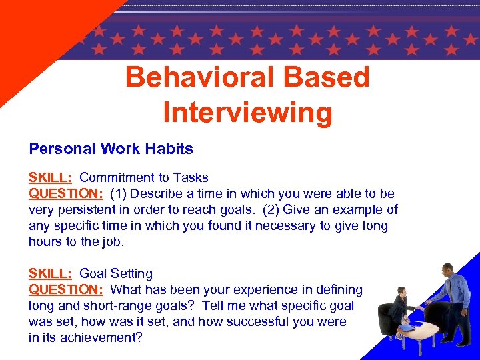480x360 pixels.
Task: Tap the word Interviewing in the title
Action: click(x=247, y=112)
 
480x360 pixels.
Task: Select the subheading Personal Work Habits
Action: click(x=111, y=149)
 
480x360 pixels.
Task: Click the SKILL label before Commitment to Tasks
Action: click(x=51, y=177)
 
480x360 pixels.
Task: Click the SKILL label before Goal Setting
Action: click(x=51, y=273)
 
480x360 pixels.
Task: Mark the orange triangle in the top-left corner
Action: click(x=40, y=33)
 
